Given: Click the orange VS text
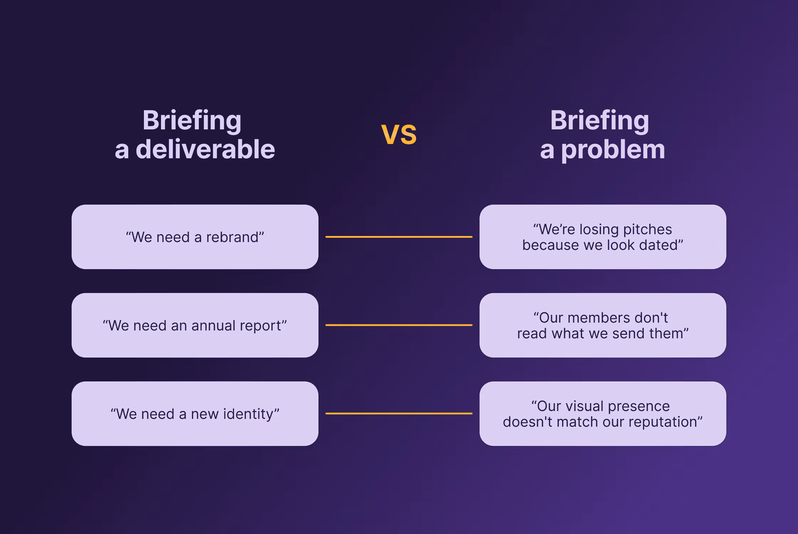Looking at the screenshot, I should [x=399, y=135].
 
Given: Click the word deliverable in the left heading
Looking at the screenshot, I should [x=205, y=149].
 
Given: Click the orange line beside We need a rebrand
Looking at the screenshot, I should [x=399, y=237].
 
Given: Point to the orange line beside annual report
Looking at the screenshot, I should [x=399, y=325].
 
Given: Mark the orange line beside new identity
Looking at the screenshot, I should [x=399, y=414].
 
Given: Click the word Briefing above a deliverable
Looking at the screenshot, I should [x=192, y=120].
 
